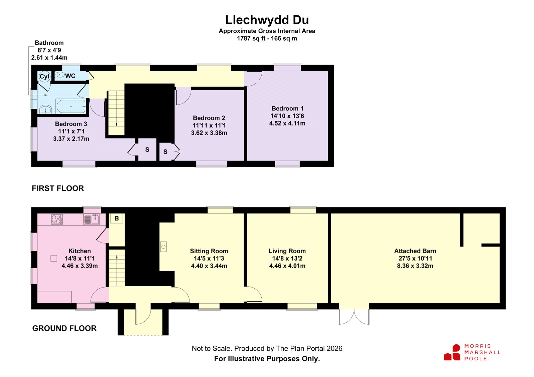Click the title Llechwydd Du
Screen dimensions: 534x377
coord(267,20)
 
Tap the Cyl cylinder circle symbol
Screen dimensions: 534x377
coord(44,76)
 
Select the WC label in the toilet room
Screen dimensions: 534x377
coord(70,76)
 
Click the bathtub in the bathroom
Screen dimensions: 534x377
coord(71,106)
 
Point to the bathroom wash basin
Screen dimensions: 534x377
coord(45,110)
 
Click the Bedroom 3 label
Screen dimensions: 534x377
coord(71,124)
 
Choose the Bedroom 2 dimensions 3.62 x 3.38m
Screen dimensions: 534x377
coord(209,133)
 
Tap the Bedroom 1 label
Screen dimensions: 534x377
coord(287,108)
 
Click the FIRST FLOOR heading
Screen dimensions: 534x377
coord(58,188)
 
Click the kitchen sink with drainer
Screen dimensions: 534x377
coord(91,219)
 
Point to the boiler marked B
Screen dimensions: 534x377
coord(116,218)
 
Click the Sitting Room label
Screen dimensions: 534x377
coord(209,251)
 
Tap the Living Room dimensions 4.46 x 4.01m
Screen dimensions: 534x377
coord(287,266)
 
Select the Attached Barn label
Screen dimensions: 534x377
coord(415,251)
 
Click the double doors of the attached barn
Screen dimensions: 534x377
coord(354,317)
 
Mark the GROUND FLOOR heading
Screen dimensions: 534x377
coord(64,328)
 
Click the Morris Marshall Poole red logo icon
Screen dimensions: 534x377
coord(452,352)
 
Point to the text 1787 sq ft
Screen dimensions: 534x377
coord(251,38)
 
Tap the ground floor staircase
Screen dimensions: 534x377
coord(117,268)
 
